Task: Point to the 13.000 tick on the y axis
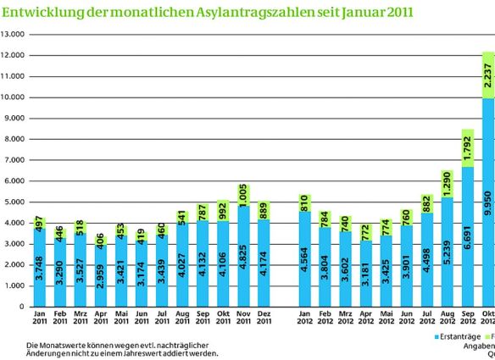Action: point(13,35)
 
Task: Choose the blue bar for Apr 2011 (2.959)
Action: point(102,275)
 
